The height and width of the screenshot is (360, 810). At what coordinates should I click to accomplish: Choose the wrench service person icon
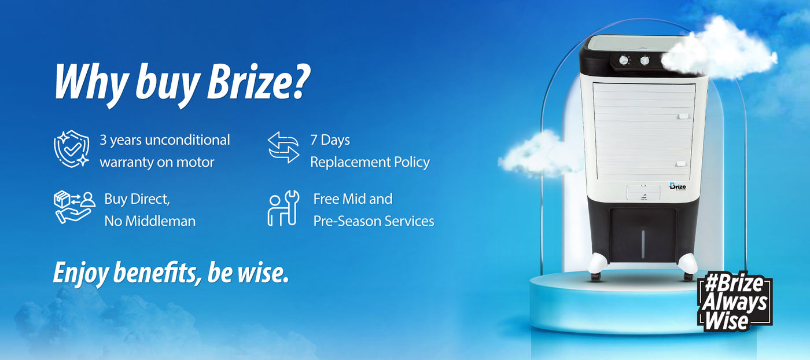pyautogui.click(x=283, y=208)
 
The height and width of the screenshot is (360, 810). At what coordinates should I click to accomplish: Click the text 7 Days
pyautogui.click(x=330, y=140)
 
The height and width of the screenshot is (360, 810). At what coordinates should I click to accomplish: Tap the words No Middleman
pyautogui.click(x=150, y=221)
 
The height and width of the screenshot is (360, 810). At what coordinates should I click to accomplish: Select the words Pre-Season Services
pyautogui.click(x=373, y=221)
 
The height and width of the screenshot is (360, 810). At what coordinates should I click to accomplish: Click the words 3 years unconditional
pyautogui.click(x=165, y=140)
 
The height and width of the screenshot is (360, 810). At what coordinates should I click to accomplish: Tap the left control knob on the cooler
pyautogui.click(x=624, y=60)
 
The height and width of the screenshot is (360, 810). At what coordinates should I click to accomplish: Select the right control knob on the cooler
pyautogui.click(x=645, y=60)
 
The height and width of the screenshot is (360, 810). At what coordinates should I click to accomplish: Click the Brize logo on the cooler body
pyautogui.click(x=678, y=186)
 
